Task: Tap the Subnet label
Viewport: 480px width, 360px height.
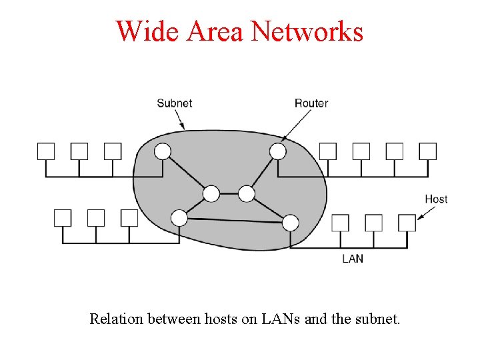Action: coord(175,103)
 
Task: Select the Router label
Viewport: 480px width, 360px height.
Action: coord(311,103)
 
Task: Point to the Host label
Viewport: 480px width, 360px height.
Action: coord(436,199)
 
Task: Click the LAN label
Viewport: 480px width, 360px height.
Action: coord(353,258)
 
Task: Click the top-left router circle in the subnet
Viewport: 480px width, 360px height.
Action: coord(163,151)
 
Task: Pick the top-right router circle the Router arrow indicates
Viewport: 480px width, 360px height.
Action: coord(278,151)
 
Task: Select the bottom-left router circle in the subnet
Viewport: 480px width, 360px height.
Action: coord(179,217)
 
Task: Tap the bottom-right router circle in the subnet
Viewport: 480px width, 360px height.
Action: coord(291,222)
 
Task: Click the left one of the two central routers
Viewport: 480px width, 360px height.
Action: coord(211,194)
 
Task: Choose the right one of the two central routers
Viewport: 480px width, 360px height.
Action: coord(247,194)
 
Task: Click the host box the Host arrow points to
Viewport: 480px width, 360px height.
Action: coord(407,223)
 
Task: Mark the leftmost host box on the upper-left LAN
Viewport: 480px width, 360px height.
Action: coord(46,151)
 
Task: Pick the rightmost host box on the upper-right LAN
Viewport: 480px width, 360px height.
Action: coord(428,151)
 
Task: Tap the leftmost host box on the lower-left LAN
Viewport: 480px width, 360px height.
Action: coord(63,217)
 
